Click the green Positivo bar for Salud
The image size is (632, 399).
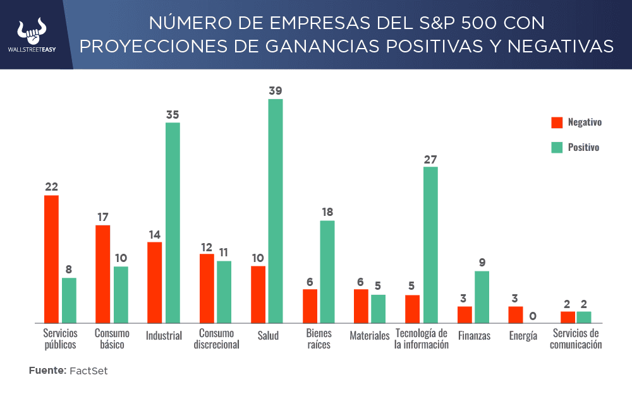(276, 211)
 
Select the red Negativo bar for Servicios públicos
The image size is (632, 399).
(51, 259)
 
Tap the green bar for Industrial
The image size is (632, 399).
(173, 222)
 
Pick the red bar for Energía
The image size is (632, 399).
(516, 314)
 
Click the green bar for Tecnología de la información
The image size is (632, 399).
(430, 244)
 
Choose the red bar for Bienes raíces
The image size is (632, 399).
(310, 306)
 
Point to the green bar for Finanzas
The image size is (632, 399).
(482, 297)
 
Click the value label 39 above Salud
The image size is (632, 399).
(276, 91)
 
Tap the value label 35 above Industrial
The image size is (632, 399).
(173, 114)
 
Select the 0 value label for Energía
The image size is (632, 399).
(533, 316)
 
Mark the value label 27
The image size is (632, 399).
(430, 159)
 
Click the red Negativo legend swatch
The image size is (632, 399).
(557, 122)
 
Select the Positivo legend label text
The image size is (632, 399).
(583, 147)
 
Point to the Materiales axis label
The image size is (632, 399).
(370, 336)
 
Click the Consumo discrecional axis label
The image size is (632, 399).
(216, 339)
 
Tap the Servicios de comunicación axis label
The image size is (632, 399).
(575, 339)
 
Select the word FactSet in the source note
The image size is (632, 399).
(88, 371)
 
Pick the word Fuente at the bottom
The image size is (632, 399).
(47, 371)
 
